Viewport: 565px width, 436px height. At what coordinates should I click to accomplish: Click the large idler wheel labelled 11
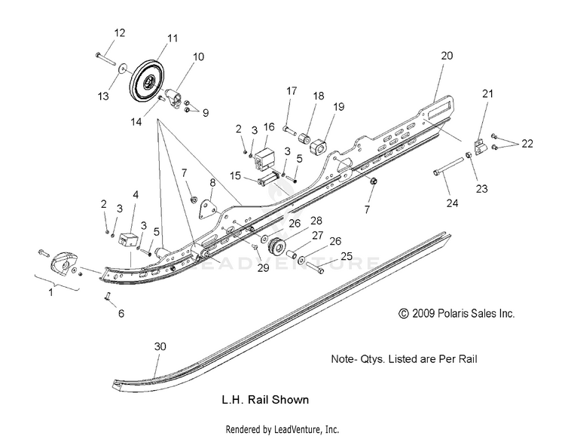pos(147,82)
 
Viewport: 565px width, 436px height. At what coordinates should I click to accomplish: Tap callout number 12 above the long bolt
pos(120,33)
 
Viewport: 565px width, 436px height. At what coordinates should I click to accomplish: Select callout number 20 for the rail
pos(447,56)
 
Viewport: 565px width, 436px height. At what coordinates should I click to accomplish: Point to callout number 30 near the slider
pos(160,346)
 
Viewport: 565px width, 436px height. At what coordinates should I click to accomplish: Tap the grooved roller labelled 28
pos(277,247)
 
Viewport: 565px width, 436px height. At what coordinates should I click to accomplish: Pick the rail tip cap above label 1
pos(63,265)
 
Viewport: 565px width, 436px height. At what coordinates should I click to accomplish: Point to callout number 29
pos(264,268)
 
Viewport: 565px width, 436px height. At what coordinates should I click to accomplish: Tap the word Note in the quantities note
pos(341,359)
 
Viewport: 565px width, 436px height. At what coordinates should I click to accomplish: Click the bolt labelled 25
pos(315,268)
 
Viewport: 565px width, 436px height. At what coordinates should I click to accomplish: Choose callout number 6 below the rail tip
pos(121,313)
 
